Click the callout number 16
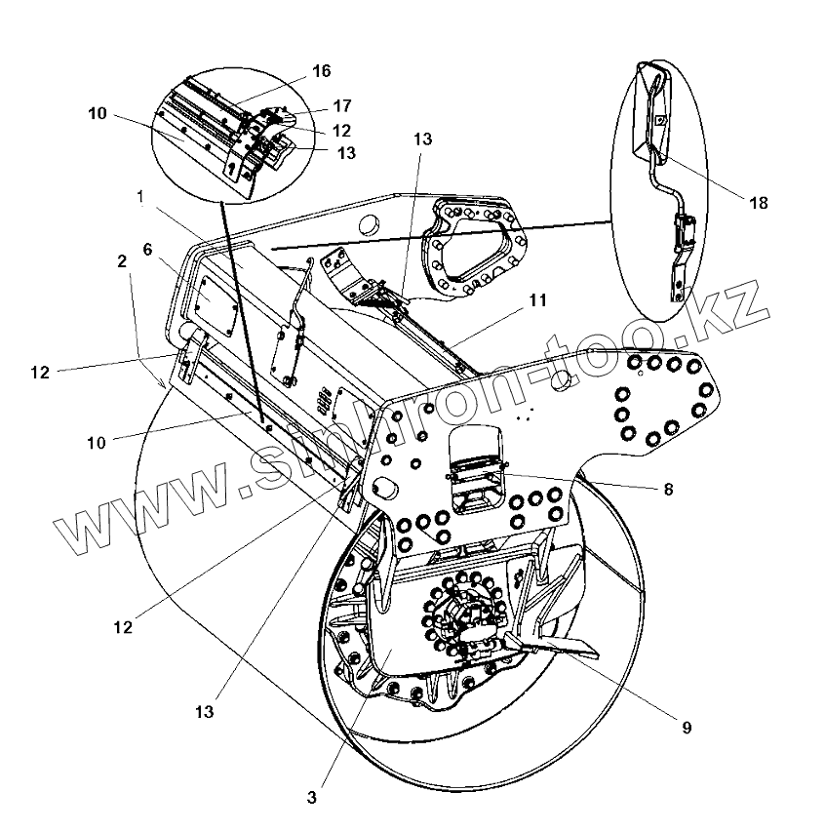pyautogui.click(x=321, y=70)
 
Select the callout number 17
pyautogui.click(x=341, y=105)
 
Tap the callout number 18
pyautogui.click(x=759, y=203)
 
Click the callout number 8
pyautogui.click(x=668, y=490)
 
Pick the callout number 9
pyautogui.click(x=686, y=728)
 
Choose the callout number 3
pyautogui.click(x=311, y=797)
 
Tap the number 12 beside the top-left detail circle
pyautogui.click(x=341, y=130)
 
